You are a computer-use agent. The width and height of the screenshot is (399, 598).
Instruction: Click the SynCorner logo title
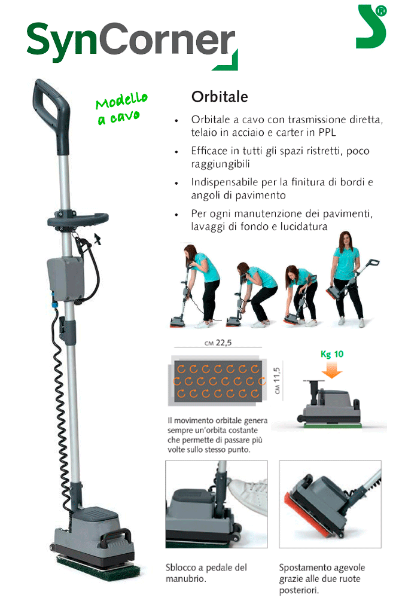132,44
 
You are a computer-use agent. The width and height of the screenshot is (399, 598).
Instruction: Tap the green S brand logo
371,27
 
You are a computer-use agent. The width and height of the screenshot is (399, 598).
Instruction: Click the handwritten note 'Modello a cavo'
121,108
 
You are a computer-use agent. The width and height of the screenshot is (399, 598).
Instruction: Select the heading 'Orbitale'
220,97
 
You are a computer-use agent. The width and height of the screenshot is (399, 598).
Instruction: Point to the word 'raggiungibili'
221,164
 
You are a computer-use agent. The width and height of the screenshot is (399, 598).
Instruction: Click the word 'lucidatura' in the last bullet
304,227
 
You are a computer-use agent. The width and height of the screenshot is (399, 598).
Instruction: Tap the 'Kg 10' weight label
332,354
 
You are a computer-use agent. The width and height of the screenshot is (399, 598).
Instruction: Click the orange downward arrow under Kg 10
332,370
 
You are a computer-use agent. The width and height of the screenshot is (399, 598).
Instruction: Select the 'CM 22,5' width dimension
218,343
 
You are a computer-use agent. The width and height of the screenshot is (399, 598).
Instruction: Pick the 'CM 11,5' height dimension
277,380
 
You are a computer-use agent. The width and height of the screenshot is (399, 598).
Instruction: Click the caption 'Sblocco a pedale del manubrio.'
206,573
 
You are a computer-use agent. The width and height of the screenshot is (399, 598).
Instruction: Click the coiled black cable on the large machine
62,412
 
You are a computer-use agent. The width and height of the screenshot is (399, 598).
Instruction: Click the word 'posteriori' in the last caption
299,590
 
